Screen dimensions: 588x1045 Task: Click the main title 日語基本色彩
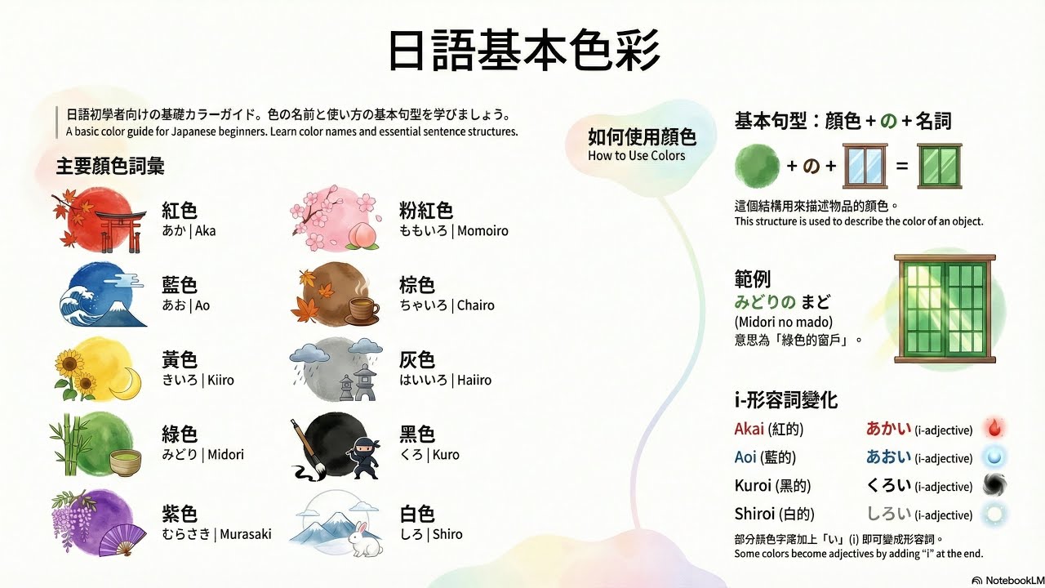tap(522, 51)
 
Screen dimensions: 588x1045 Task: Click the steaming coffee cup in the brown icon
tap(362, 310)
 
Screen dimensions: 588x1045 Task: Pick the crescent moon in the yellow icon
tap(125, 388)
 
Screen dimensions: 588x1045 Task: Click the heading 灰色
tap(416, 359)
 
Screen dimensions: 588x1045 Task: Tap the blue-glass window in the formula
tap(864, 166)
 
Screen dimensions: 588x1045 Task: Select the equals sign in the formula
tap(901, 166)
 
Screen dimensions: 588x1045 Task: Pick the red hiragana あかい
tap(888, 429)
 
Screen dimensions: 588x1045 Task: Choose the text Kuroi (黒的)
tap(772, 486)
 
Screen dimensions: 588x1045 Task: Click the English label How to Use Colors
tap(637, 156)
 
